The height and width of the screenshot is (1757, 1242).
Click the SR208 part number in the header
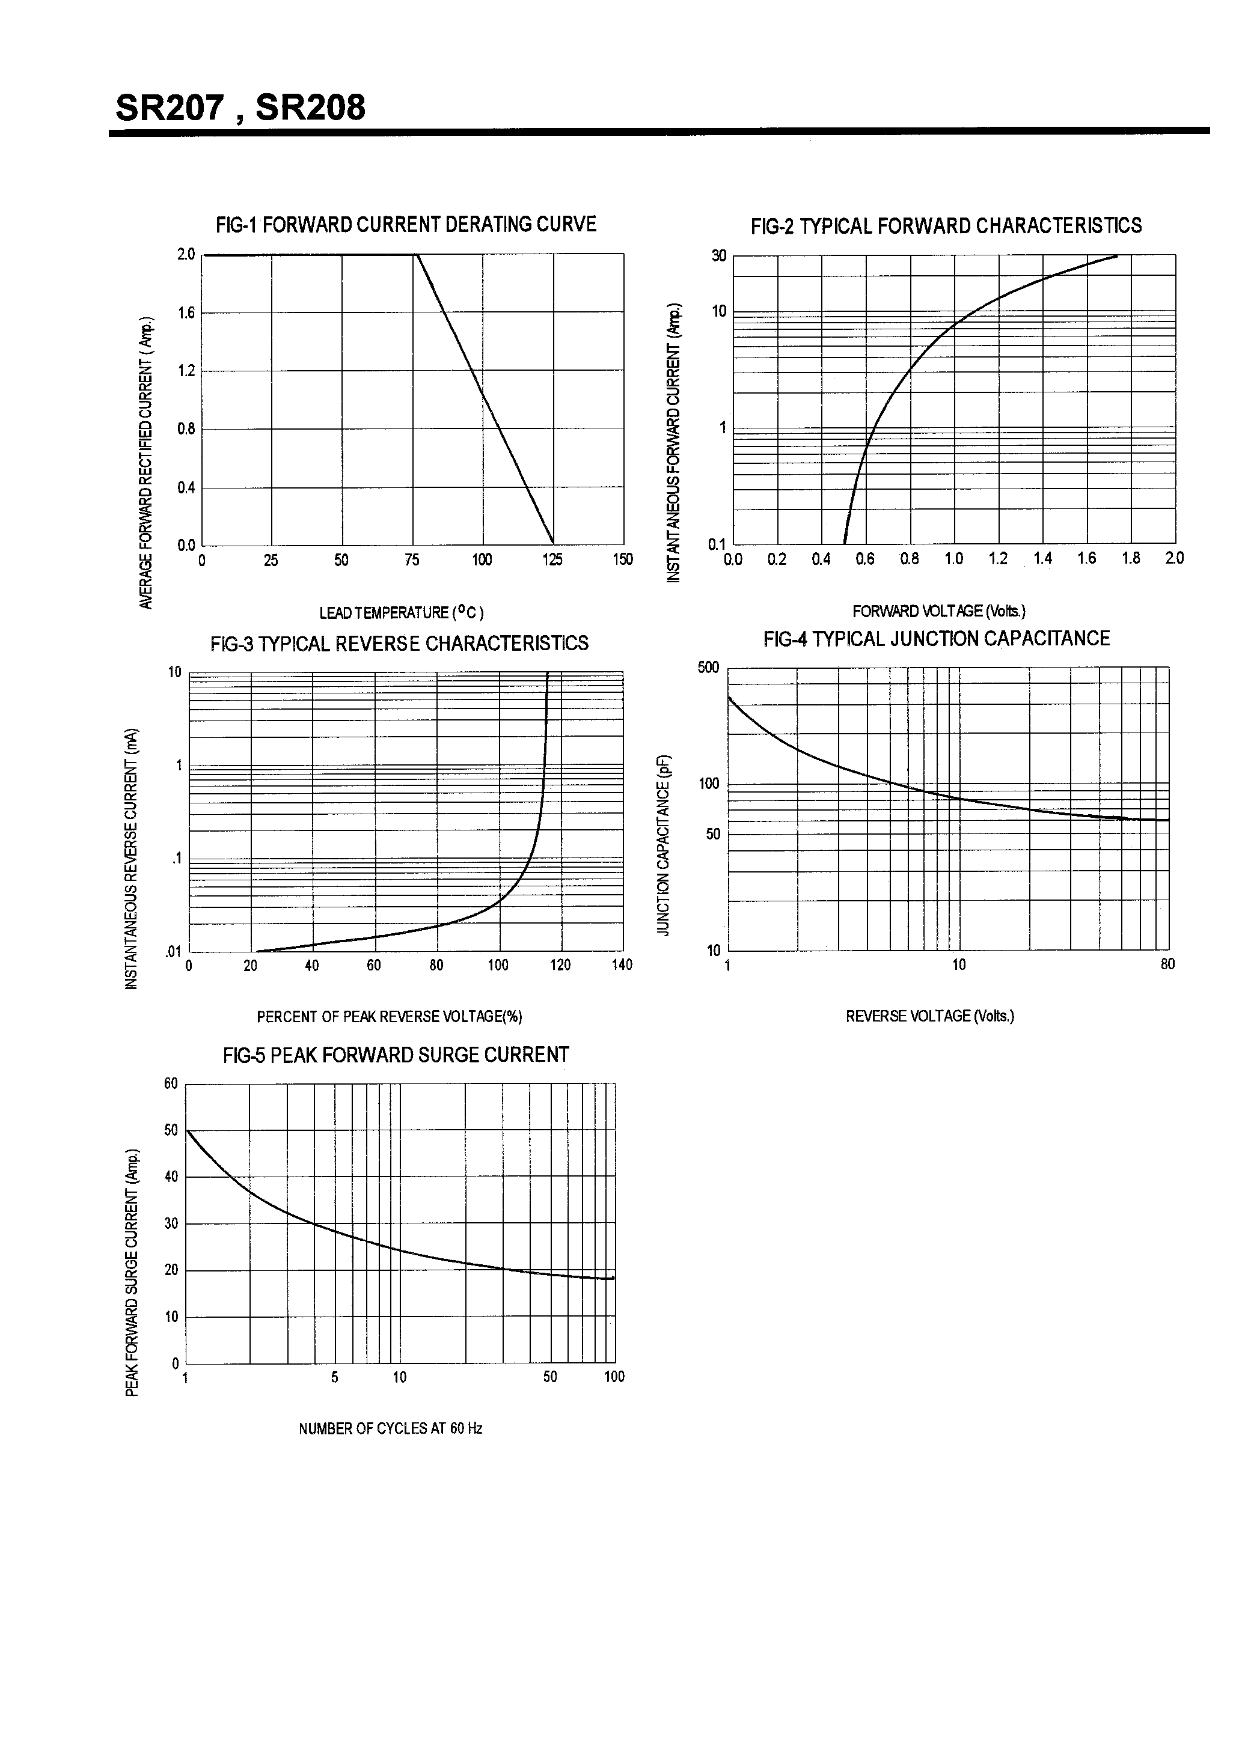click(310, 108)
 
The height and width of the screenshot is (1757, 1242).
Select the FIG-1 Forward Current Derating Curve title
click(406, 224)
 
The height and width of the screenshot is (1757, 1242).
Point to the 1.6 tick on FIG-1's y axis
click(186, 312)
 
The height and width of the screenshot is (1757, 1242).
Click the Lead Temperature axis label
click(401, 612)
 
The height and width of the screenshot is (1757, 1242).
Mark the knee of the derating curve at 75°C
click(416, 254)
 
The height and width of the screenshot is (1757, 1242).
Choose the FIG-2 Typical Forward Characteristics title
click(946, 226)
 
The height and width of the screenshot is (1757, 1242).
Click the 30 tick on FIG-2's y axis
click(718, 255)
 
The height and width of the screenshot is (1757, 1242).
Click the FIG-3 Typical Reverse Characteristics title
click(399, 643)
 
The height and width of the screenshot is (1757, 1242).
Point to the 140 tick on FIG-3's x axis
click(622, 965)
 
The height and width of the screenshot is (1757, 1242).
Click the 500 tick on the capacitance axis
click(708, 668)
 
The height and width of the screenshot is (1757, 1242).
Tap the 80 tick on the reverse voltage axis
click(1167, 964)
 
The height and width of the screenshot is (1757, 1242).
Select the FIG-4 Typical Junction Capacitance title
click(936, 638)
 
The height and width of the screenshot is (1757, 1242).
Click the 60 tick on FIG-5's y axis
click(171, 1083)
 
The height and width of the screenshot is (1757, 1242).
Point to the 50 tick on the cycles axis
click(550, 1377)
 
